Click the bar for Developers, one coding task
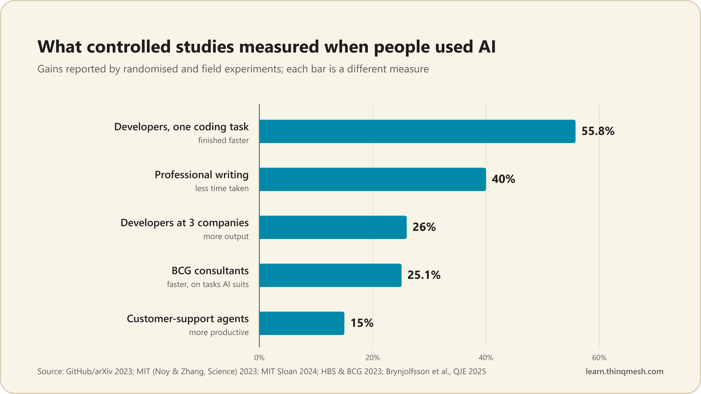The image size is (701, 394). coord(417,131)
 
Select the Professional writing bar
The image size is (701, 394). coord(373,179)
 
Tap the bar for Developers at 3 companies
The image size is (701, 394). coord(333,227)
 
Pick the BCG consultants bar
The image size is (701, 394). coord(330,275)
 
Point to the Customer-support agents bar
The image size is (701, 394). coord(302,323)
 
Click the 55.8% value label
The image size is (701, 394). coord(598,131)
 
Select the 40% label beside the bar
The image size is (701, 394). coord(503,179)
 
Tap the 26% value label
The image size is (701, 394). coord(424,227)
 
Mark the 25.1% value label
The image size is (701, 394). coord(424,275)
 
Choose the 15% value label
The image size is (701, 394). coord(362,323)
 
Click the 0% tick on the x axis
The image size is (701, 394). coord(259,358)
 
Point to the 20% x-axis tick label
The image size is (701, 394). coord(373,358)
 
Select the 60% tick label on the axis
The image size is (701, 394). coord(599,358)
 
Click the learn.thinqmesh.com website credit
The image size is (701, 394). coord(624,371)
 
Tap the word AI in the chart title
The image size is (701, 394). coord(487,47)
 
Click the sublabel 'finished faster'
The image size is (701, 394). coord(223,140)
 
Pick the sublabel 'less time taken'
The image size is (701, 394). coord(222,188)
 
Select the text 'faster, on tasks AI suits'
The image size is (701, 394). coord(208,284)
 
